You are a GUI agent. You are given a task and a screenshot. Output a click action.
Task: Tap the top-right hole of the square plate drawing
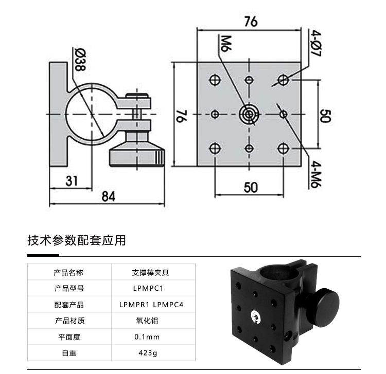(283, 80)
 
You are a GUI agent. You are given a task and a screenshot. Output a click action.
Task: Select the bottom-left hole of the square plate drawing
(215, 149)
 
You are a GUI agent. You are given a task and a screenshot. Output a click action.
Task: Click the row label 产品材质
(68, 321)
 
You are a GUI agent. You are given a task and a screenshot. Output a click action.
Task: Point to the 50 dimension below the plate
(250, 187)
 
